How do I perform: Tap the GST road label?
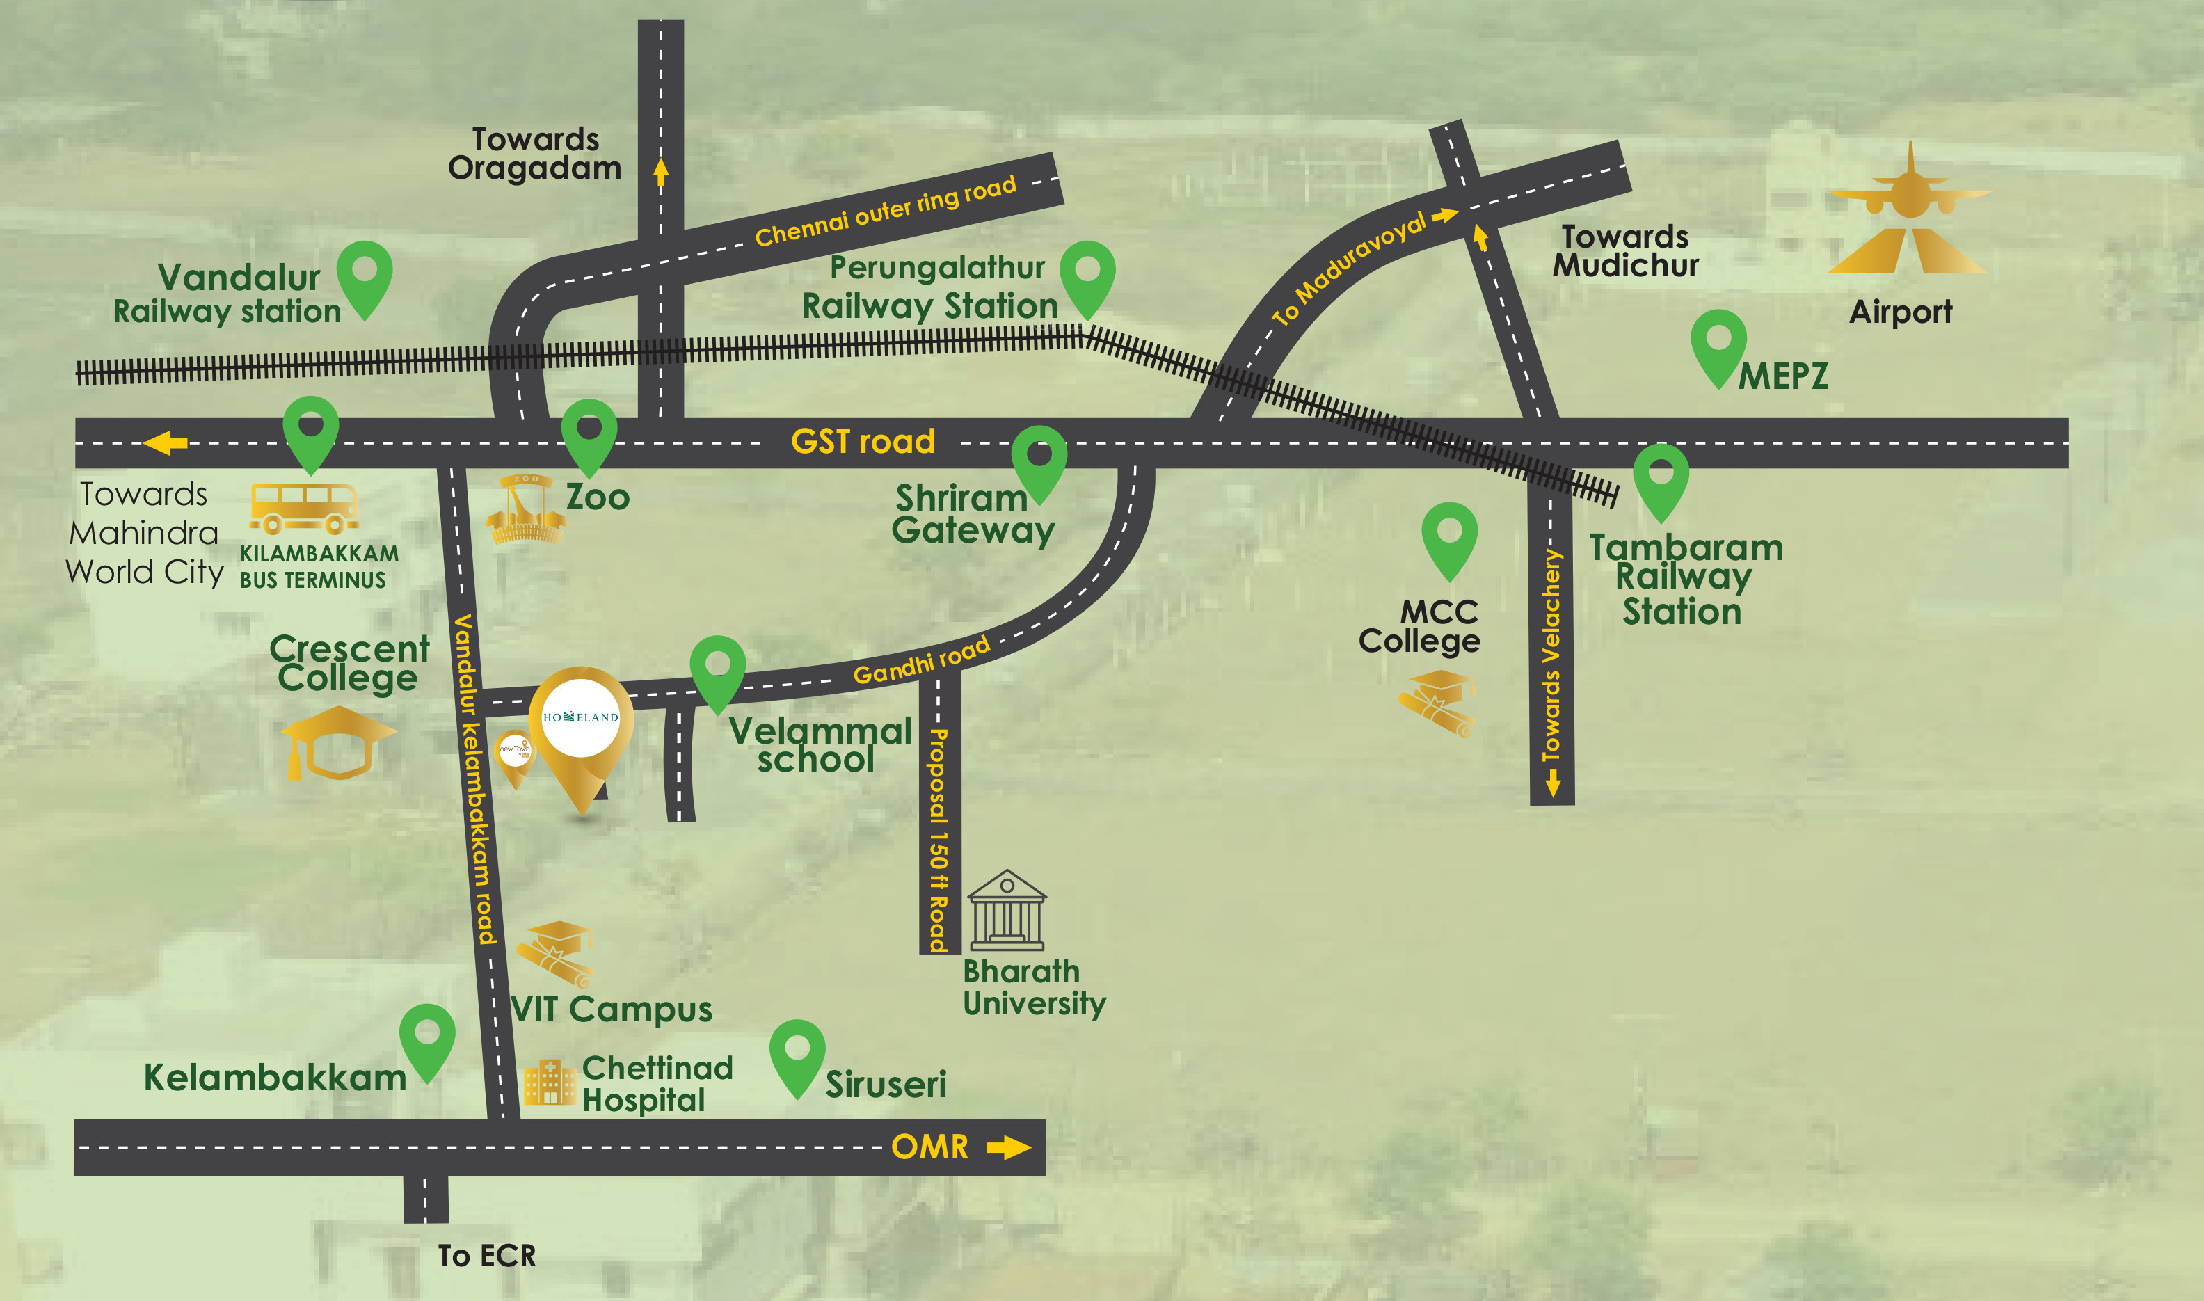[863, 441]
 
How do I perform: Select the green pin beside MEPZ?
[1718, 345]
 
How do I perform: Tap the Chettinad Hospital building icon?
[549, 1083]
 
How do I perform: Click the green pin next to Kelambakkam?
[427, 1039]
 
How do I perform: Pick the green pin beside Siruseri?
[797, 1055]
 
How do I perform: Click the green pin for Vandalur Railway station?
[365, 276]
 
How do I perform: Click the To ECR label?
[486, 1255]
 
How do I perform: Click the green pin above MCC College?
[1449, 537]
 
